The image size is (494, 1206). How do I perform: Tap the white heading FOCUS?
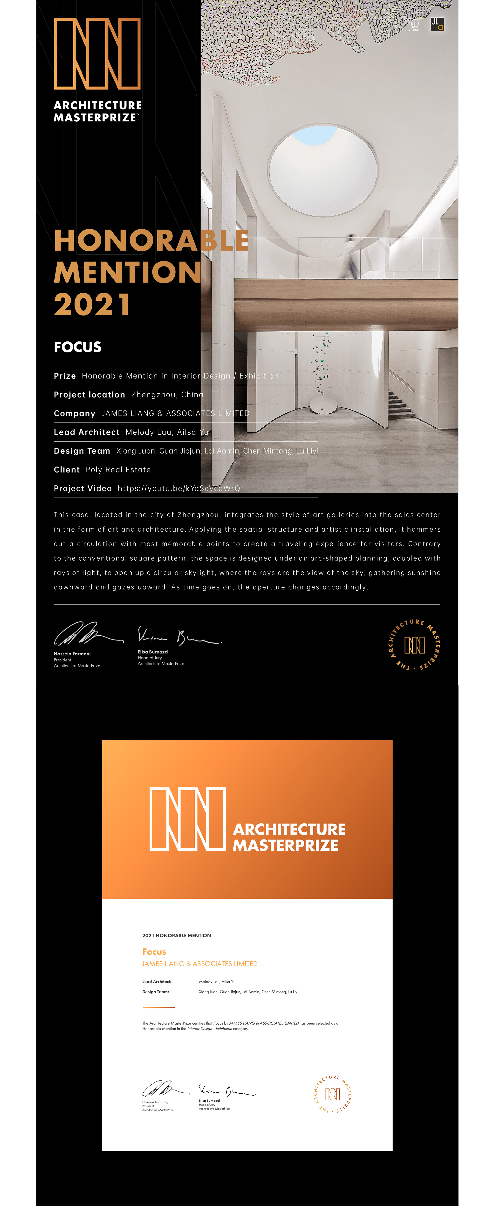[x=78, y=347]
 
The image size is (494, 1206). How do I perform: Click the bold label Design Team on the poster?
[x=82, y=451]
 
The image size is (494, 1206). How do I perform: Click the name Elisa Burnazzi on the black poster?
[x=153, y=652]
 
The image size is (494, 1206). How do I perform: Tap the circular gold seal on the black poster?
[x=414, y=645]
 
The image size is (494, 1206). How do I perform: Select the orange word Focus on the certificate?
[x=154, y=952]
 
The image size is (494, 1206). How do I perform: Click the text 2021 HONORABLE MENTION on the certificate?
[x=177, y=935]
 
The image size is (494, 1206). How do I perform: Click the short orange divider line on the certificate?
[x=158, y=1007]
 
